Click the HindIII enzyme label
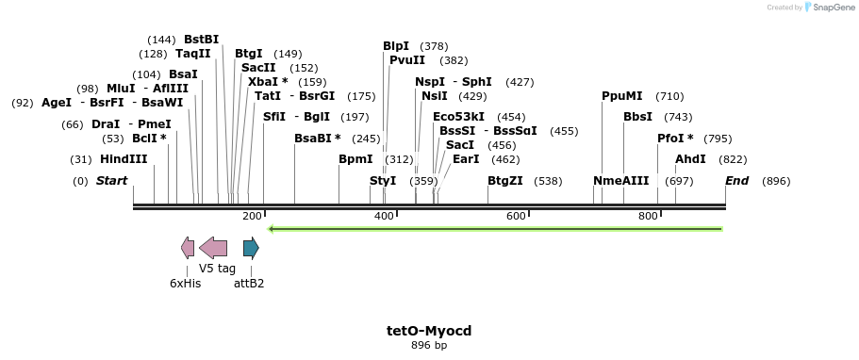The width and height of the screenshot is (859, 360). pos(124,159)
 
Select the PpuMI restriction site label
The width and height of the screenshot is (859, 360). pos(622,96)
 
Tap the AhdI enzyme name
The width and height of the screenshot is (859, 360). pos(690,159)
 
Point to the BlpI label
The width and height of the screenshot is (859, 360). pos(396,46)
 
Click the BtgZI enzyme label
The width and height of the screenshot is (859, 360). pos(505,181)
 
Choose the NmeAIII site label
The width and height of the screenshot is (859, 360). pos(621,181)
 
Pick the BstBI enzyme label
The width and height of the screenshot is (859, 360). pos(201,40)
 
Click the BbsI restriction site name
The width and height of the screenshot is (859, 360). pos(638,117)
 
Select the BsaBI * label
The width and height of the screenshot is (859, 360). pos(318,139)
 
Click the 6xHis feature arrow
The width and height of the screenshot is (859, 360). pos(188,248)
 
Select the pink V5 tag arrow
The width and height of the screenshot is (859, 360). pos(213,248)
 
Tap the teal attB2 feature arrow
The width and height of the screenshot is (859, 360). pos(251,248)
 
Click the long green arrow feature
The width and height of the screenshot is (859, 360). pos(495,228)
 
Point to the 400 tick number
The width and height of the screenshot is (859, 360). pos(384,217)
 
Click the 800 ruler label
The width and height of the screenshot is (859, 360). pos(648,217)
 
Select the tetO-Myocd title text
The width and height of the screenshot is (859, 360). pos(429,331)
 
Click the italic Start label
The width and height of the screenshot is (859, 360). pos(111,181)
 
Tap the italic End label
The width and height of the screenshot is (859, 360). pos(736,181)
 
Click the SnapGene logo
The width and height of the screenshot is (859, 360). pos(829,8)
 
